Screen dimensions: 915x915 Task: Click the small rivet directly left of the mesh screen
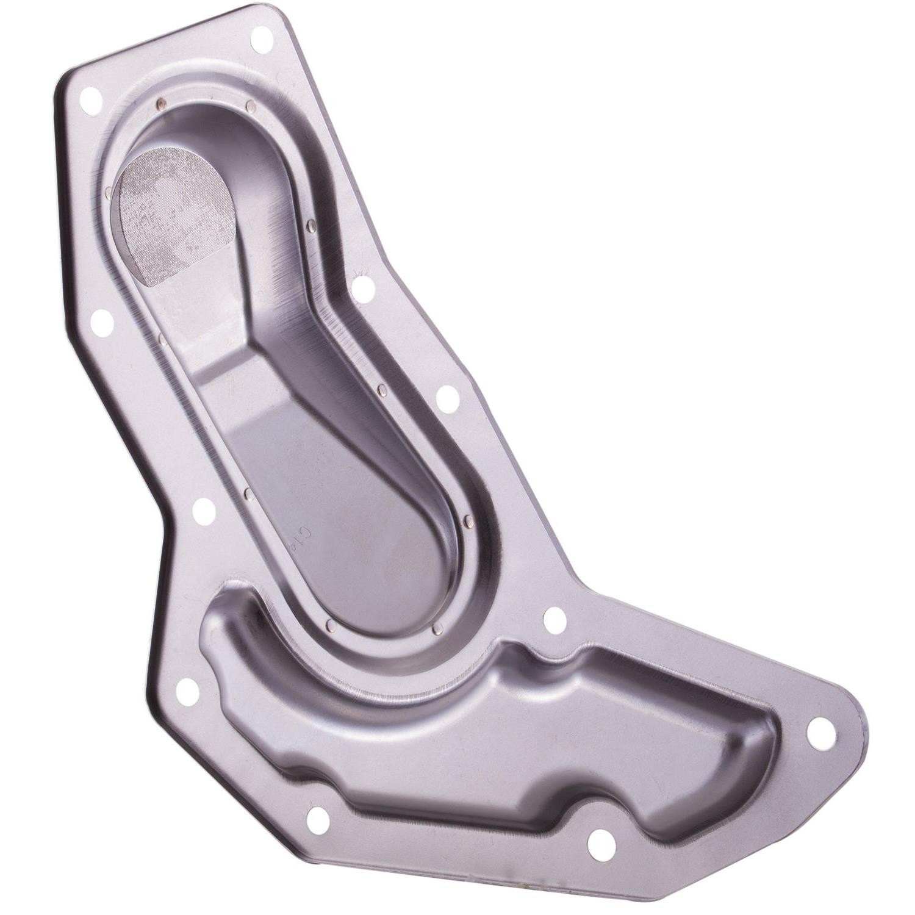coord(108,194)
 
